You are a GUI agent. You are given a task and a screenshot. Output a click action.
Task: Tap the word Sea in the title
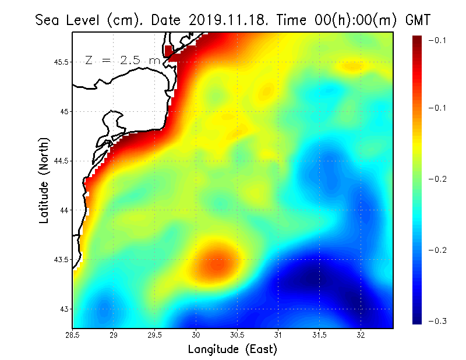[x=47, y=20]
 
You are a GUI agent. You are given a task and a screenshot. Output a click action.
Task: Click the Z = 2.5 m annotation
[x=122, y=60]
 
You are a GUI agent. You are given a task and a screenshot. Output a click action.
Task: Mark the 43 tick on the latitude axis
[x=63, y=309]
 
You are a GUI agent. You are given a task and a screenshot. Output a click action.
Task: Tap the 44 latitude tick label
[x=63, y=210]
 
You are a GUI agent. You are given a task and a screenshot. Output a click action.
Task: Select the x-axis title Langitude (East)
[x=232, y=350]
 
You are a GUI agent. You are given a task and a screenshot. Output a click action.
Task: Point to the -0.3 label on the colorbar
[x=438, y=322]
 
